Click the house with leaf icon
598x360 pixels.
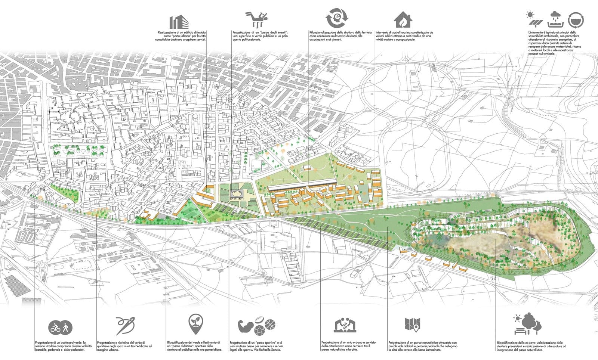[x=403, y=19]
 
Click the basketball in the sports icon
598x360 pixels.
[x=270, y=323]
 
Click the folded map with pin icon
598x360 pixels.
[x=413, y=325]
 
